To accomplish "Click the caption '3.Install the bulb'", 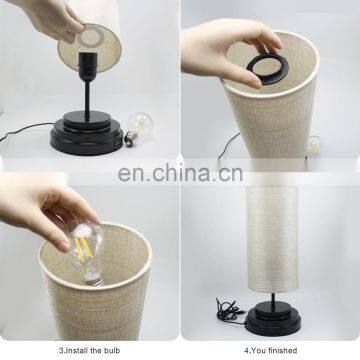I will click(89, 350).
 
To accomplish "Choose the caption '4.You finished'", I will click(270, 350).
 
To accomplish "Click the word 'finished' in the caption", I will click(282, 350).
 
